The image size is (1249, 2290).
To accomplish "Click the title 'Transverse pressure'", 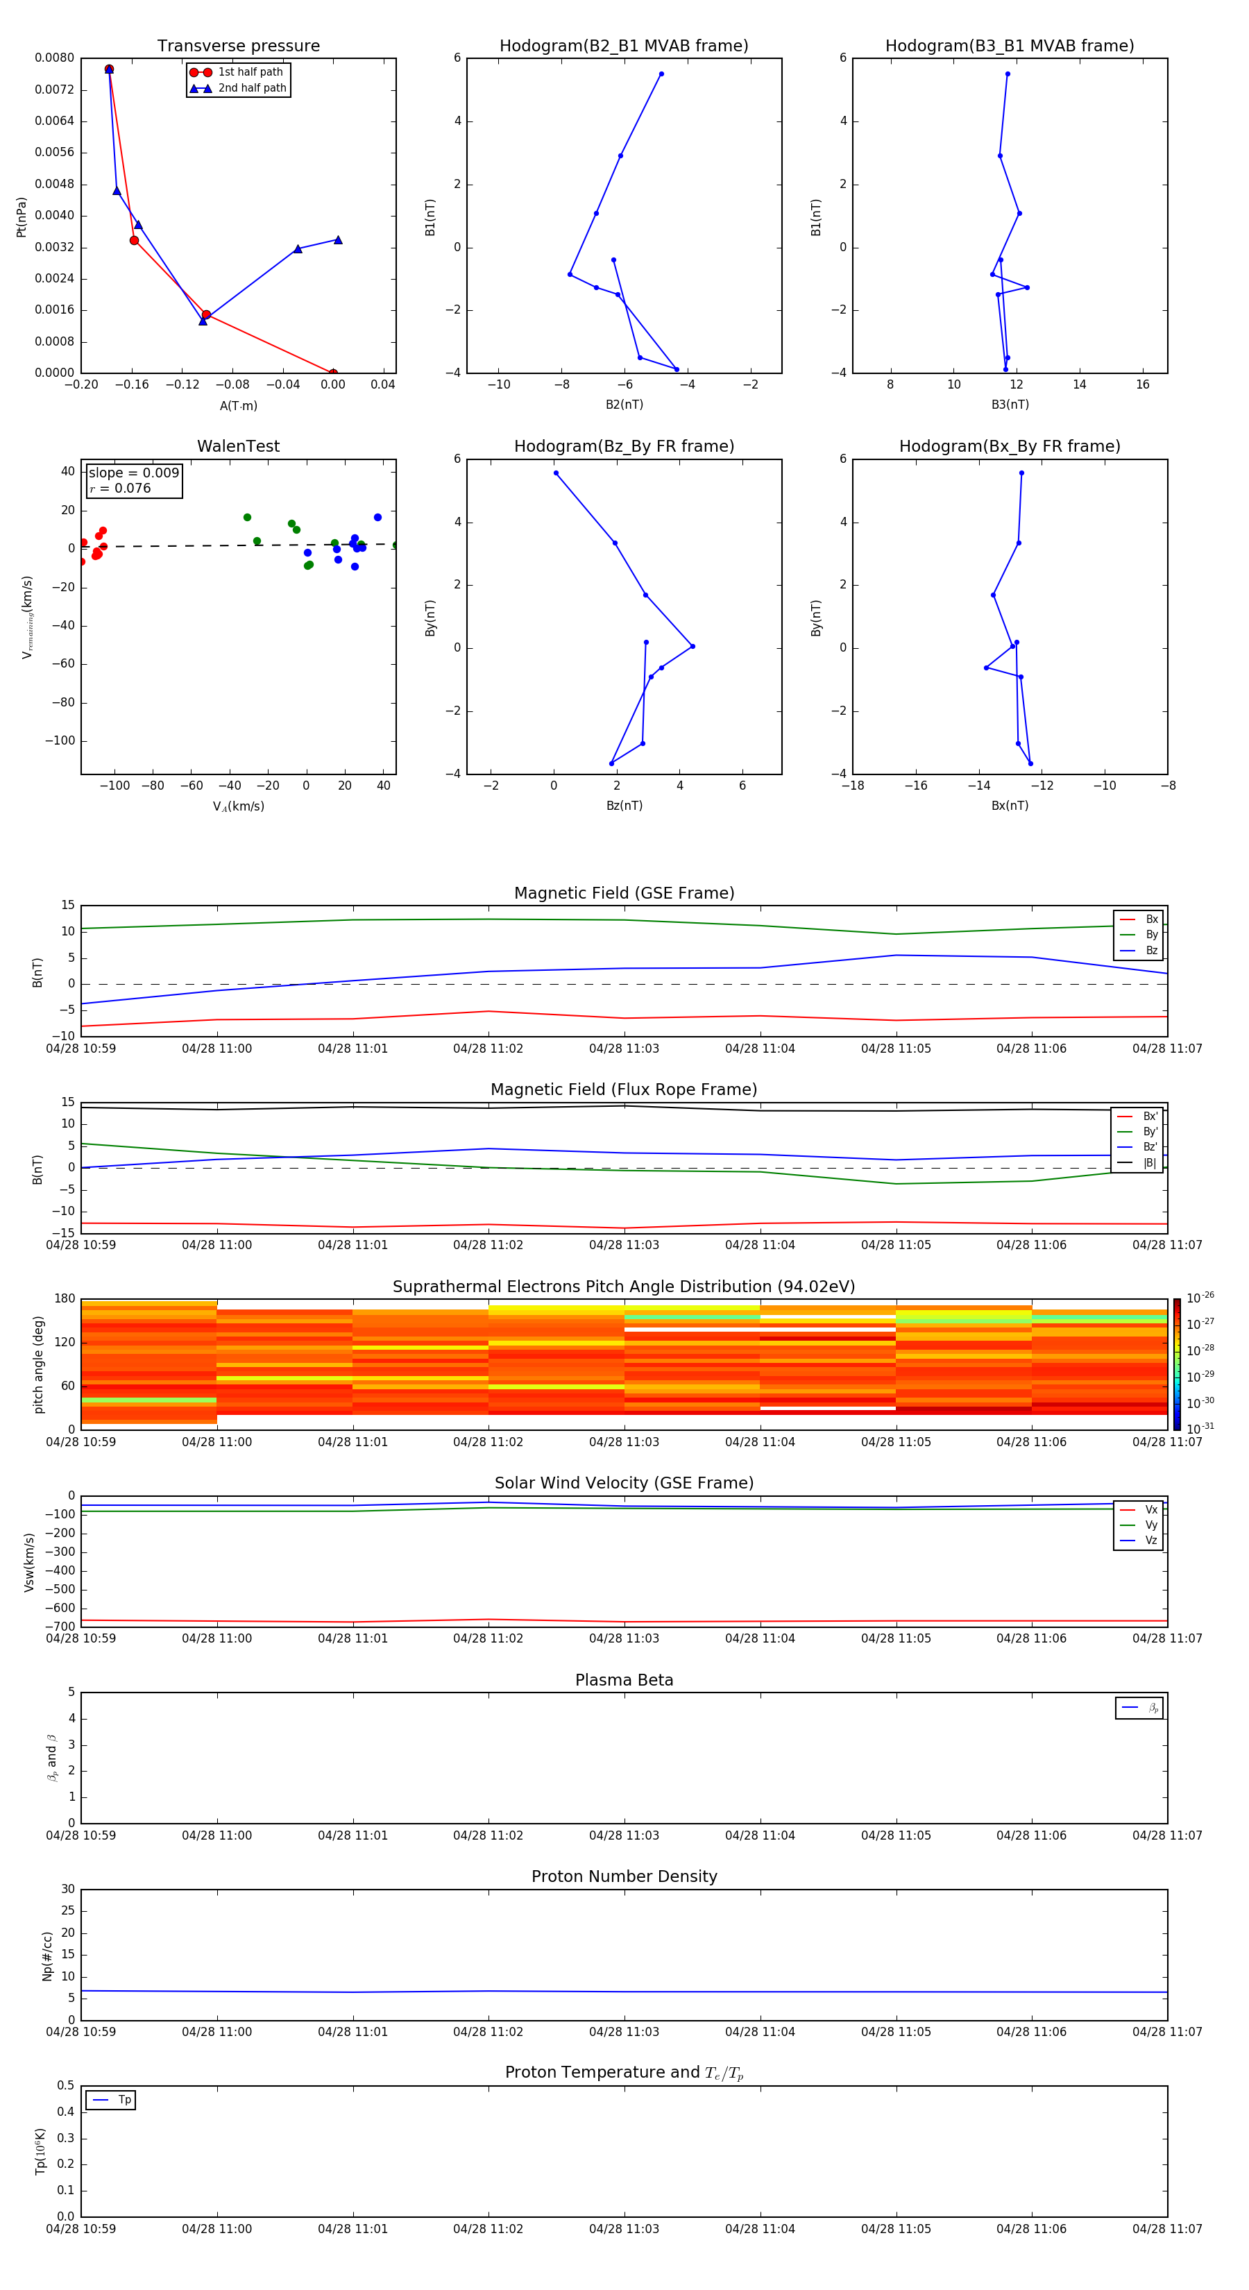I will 238,46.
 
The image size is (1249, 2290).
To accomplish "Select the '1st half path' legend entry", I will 250,72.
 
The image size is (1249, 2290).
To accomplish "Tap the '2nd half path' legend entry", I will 252,88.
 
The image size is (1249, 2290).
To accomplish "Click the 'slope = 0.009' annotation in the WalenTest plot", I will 133,473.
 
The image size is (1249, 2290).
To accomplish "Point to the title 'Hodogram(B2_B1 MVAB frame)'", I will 623,46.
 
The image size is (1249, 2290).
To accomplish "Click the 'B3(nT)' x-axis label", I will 1010,405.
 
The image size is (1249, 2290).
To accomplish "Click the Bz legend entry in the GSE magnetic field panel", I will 1151,950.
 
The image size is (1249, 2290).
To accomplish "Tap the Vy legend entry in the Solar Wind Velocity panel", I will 1151,1525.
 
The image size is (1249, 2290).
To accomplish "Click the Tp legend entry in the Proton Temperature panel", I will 124,2100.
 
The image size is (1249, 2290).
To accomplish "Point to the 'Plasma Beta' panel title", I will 623,1680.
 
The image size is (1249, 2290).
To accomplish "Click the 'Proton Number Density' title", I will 623,1876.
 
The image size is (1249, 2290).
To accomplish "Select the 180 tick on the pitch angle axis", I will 65,1299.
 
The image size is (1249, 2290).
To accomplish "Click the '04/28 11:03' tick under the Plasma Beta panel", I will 623,1835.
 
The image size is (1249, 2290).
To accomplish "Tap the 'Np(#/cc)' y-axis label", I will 47,1955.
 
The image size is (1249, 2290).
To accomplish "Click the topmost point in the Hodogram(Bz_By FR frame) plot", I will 556,473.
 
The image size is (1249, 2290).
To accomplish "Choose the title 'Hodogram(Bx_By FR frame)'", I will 1009,446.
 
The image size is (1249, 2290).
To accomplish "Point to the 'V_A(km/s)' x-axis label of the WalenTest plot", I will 238,806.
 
